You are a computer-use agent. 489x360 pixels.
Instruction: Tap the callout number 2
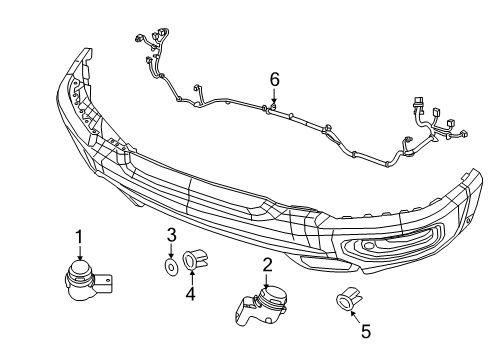point(268,265)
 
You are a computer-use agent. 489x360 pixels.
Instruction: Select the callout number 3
point(171,236)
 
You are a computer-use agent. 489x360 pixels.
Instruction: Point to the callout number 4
point(190,294)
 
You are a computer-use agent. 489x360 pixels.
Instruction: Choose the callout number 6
point(273,78)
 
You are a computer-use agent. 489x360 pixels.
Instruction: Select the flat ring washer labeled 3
point(172,267)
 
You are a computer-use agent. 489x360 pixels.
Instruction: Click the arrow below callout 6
point(273,97)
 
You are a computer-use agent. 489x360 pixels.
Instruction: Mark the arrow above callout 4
point(190,279)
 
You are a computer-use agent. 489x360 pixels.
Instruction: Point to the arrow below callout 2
point(268,282)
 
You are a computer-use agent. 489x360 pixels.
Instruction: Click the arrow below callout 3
point(171,253)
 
